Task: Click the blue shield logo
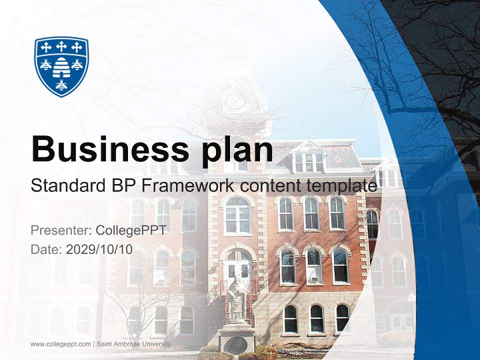click(x=61, y=66)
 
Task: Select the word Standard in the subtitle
click(x=64, y=186)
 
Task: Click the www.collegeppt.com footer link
click(x=60, y=344)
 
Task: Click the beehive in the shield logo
click(x=61, y=66)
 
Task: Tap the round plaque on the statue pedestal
click(x=236, y=344)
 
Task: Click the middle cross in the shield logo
click(x=61, y=47)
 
